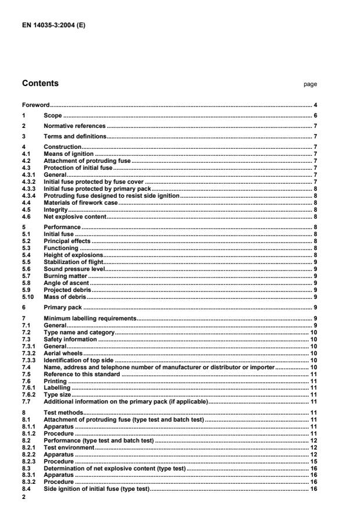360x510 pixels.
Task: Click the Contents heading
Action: [40, 84]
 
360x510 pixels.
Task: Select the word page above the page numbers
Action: [310, 84]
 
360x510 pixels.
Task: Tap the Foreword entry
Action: [35, 105]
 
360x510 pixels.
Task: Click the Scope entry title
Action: [52, 116]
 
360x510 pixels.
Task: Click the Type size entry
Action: [58, 394]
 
